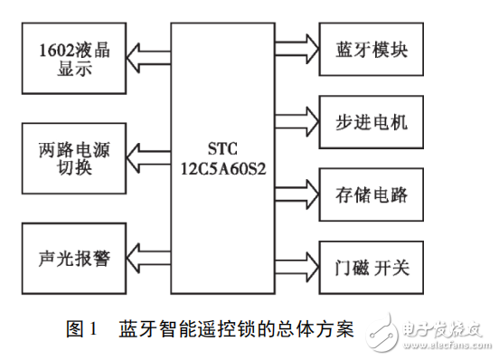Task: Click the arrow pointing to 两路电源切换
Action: pos(148,154)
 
